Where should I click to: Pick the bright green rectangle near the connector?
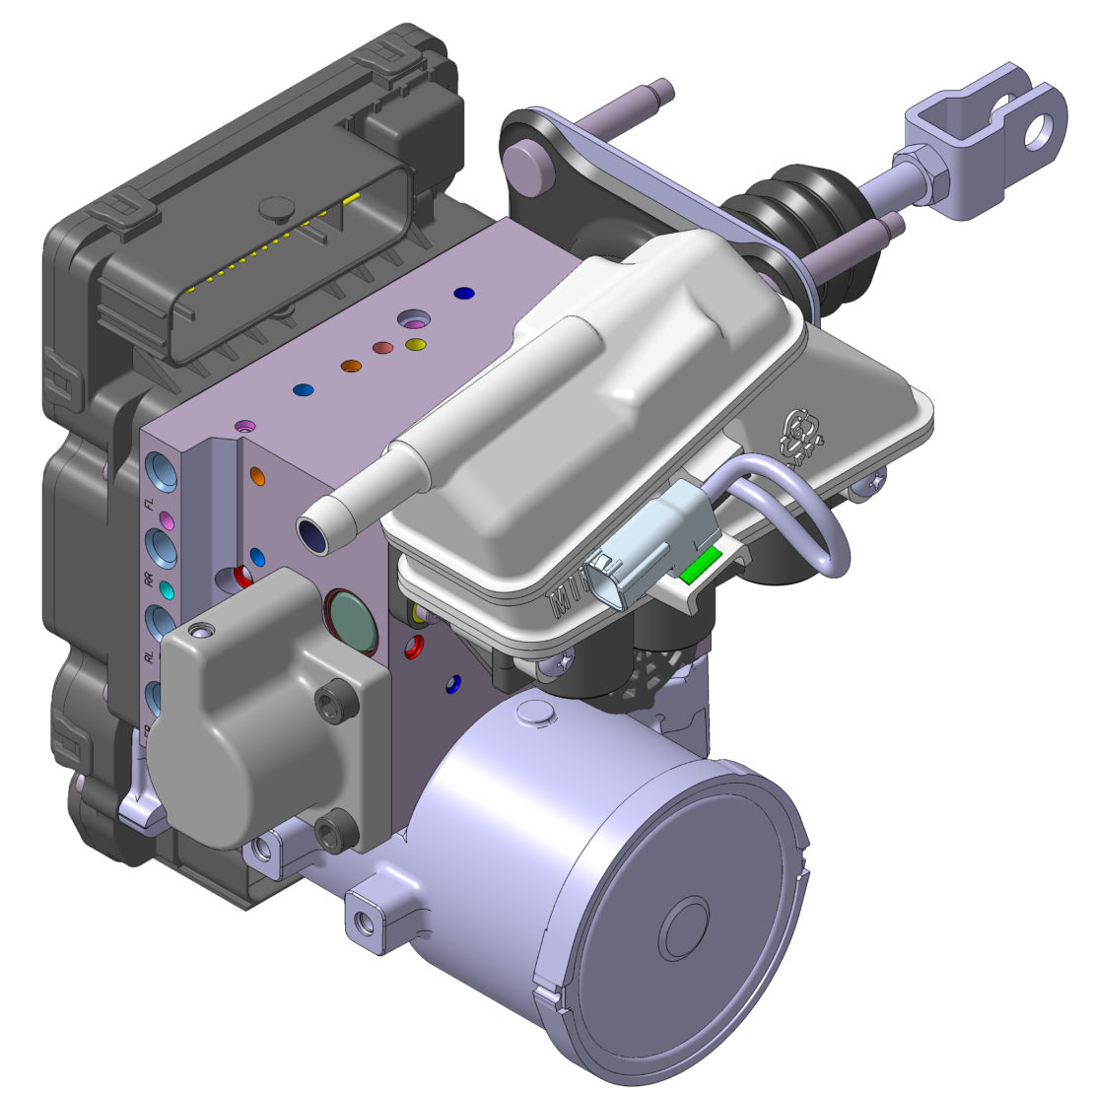[701, 565]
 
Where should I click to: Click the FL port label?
[150, 506]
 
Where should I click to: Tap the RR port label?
[150, 582]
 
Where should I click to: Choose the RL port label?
[150, 657]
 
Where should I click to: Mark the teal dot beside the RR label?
[167, 590]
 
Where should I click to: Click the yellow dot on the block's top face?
[416, 344]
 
